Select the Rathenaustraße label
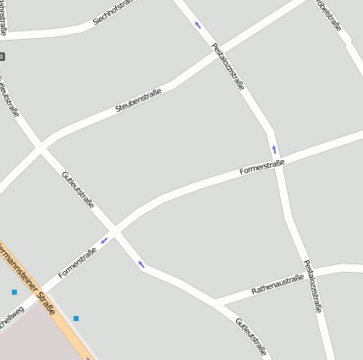click(278, 285)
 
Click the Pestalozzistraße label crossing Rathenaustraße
click(312, 285)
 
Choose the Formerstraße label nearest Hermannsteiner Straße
click(77, 263)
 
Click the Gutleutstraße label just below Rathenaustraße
click(251, 337)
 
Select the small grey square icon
click(2, 57)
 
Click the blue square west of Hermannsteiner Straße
click(14, 292)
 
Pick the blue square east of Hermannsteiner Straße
click(76, 318)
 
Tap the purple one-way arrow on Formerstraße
click(104, 241)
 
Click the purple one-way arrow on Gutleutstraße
click(141, 265)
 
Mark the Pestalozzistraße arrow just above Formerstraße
click(274, 150)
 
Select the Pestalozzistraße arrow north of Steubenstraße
click(198, 25)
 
